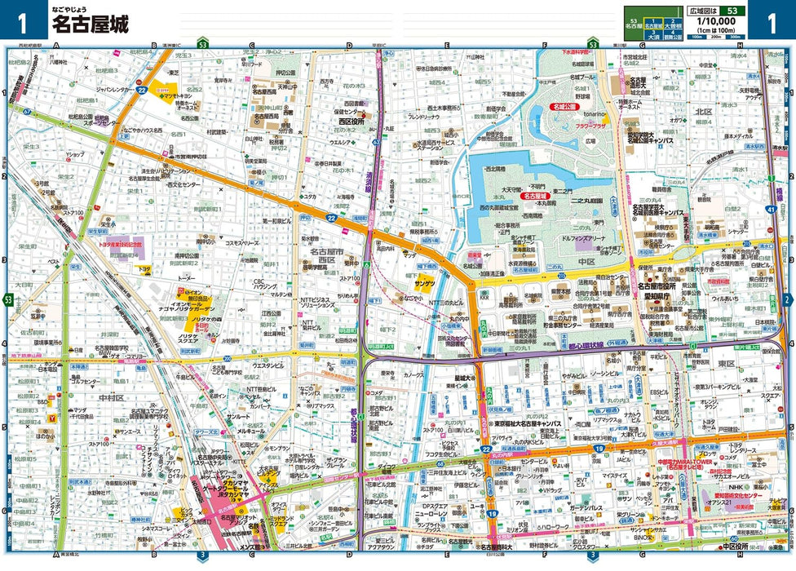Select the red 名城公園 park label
click(x=562, y=107)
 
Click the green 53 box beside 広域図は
click(x=733, y=11)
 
